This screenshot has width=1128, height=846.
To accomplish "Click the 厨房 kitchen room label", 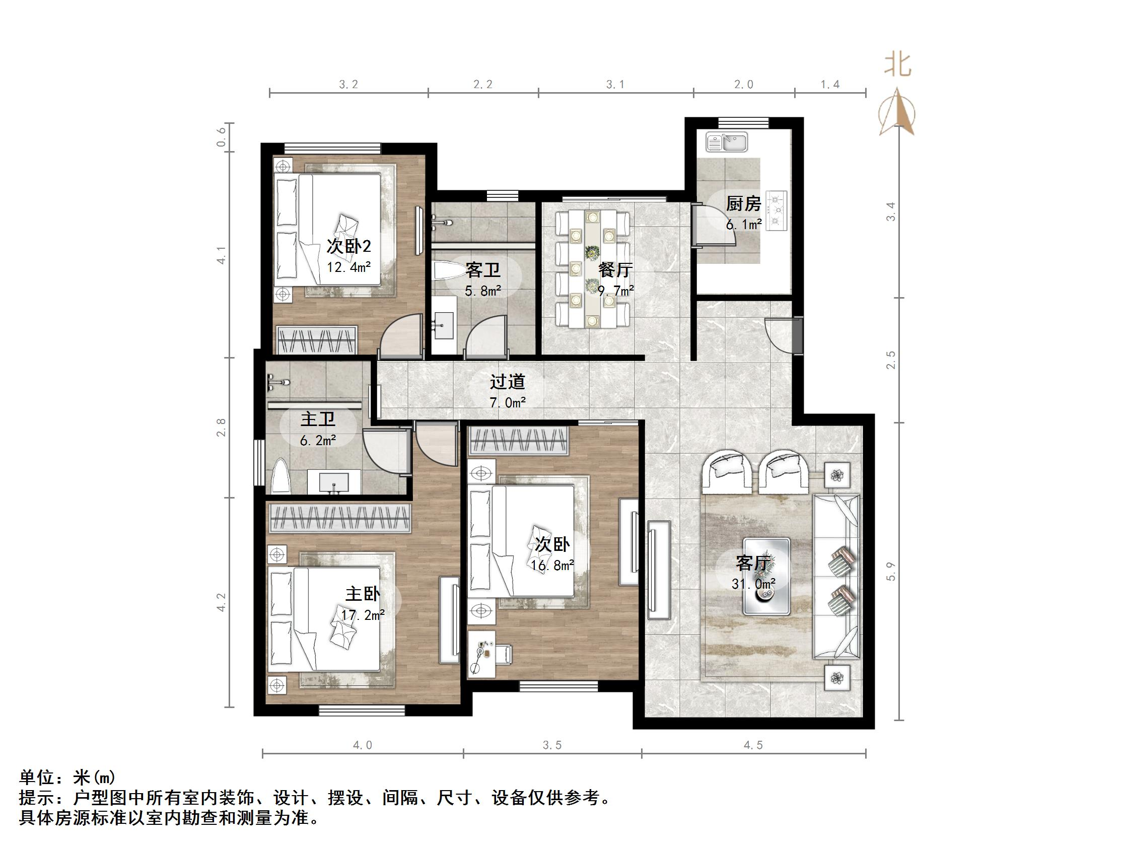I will (x=743, y=204).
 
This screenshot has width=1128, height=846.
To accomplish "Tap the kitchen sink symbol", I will (x=727, y=142).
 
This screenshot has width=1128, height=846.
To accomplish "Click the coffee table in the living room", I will (x=766, y=576).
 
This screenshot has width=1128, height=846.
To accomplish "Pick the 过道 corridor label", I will (x=508, y=381).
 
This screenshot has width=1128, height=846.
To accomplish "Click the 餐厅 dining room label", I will (x=615, y=269).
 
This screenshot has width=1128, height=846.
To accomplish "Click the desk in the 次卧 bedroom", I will (x=489, y=660).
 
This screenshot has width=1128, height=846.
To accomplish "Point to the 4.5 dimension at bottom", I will (x=753, y=745).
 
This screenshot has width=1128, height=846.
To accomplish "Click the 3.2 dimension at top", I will (x=348, y=85).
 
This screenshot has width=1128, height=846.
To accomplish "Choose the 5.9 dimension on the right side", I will (x=891, y=571).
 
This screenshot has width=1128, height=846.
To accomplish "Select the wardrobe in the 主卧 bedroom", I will (x=339, y=519).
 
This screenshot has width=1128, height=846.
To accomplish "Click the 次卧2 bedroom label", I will (x=348, y=247).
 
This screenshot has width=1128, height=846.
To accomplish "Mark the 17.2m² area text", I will (x=363, y=615).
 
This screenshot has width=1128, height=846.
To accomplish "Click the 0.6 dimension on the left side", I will (x=221, y=136).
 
